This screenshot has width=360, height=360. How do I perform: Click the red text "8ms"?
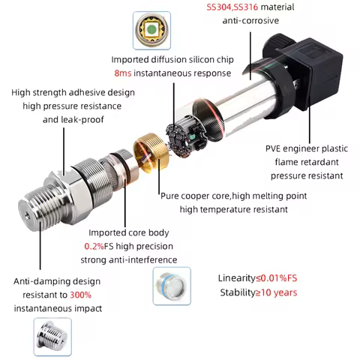click(124, 73)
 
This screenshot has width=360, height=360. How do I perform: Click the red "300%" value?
click(81, 295)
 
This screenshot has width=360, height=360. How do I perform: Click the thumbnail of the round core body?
click(172, 286)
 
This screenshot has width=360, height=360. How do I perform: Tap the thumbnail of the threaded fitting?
click(52, 337)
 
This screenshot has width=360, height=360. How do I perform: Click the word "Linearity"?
click(238, 279)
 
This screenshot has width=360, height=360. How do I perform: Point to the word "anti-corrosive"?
click(250, 20)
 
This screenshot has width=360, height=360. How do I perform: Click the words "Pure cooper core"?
click(193, 196)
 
